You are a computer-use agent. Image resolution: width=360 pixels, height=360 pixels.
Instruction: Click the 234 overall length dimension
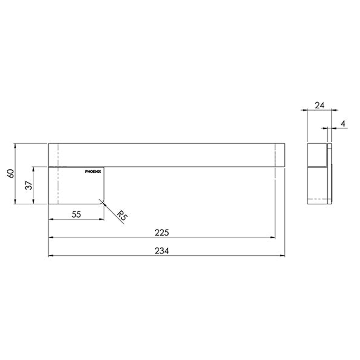tap(162, 251)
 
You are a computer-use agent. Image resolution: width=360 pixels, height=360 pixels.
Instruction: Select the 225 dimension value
tap(162, 233)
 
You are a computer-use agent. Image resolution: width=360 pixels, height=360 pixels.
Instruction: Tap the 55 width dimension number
tap(76, 214)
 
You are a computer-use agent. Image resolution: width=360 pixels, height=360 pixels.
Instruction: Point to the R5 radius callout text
tap(122, 216)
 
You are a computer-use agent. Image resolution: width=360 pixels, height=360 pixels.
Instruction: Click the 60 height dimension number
tap(11, 173)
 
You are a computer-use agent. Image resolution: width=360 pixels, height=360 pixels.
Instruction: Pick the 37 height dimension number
tap(29, 185)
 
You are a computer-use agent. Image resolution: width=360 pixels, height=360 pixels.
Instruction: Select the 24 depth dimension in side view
tap(319, 105)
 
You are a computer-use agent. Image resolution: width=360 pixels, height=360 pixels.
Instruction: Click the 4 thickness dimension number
tap(343, 124)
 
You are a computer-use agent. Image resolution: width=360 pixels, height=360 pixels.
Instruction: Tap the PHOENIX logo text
tap(93, 172)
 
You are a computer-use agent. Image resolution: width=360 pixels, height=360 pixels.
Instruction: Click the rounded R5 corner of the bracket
tap(103, 202)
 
